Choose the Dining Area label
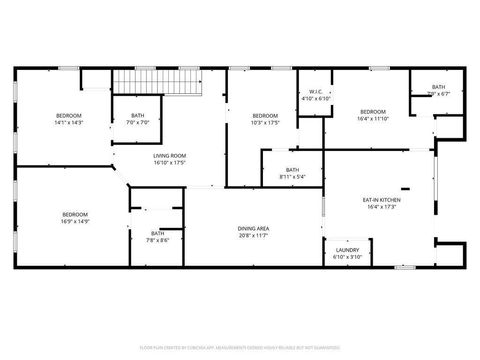coord(252,229)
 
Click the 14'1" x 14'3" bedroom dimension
coord(68,122)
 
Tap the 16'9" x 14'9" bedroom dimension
coord(75,220)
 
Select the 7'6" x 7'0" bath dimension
coord(137,122)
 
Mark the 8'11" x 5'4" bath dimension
coord(292,177)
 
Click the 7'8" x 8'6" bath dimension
coord(158,240)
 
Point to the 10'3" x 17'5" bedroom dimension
coord(265,122)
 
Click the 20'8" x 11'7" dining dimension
coord(252,236)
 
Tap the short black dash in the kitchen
coord(404,188)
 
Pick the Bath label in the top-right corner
coord(439,87)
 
